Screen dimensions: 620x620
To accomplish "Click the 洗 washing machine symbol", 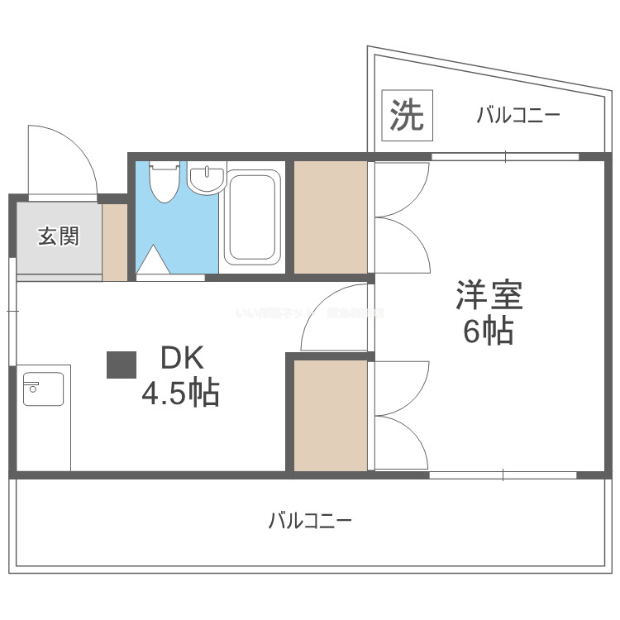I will (x=407, y=115).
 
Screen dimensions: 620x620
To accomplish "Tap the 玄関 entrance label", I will (x=58, y=236).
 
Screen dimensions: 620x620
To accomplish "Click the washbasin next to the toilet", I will (x=206, y=179).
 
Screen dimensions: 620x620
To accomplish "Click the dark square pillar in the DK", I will (x=122, y=365).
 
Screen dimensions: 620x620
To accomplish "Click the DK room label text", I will (x=181, y=360).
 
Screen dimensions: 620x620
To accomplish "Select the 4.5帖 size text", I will (x=180, y=393).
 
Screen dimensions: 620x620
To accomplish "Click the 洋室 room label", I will (x=488, y=295).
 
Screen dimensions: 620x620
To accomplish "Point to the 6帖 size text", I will (x=488, y=331).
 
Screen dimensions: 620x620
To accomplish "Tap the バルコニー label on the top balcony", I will (x=518, y=116).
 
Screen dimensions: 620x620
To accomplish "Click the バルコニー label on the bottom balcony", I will (x=310, y=522).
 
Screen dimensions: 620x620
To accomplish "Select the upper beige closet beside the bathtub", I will (x=331, y=217).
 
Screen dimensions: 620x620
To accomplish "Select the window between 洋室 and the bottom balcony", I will (x=503, y=475).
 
